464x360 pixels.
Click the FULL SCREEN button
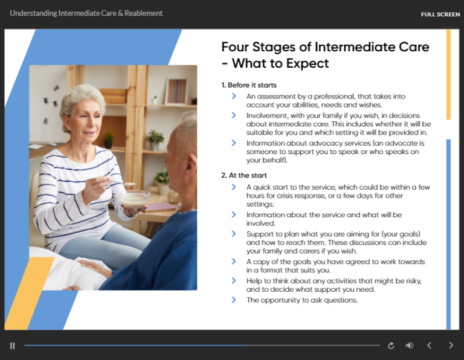[440, 14]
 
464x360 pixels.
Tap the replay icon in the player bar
[391, 346]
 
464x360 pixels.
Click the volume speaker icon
[410, 346]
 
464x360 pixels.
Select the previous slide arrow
[430, 346]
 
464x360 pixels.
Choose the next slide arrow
[451, 346]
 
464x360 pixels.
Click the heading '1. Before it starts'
[249, 85]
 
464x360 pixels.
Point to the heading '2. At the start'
[244, 175]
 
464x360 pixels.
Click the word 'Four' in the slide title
[236, 47]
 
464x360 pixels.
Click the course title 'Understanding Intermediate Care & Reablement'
[86, 13]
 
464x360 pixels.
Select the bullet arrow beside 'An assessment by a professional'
[234, 96]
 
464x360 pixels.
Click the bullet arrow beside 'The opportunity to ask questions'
[234, 300]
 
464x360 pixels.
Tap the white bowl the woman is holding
[134, 198]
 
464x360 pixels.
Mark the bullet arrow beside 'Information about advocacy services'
[234, 143]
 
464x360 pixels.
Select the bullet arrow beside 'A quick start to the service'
[234, 187]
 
